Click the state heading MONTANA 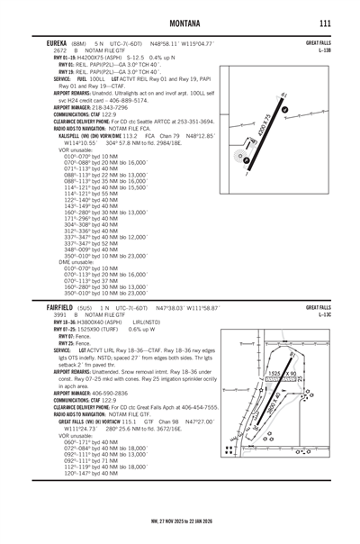(180, 22)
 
